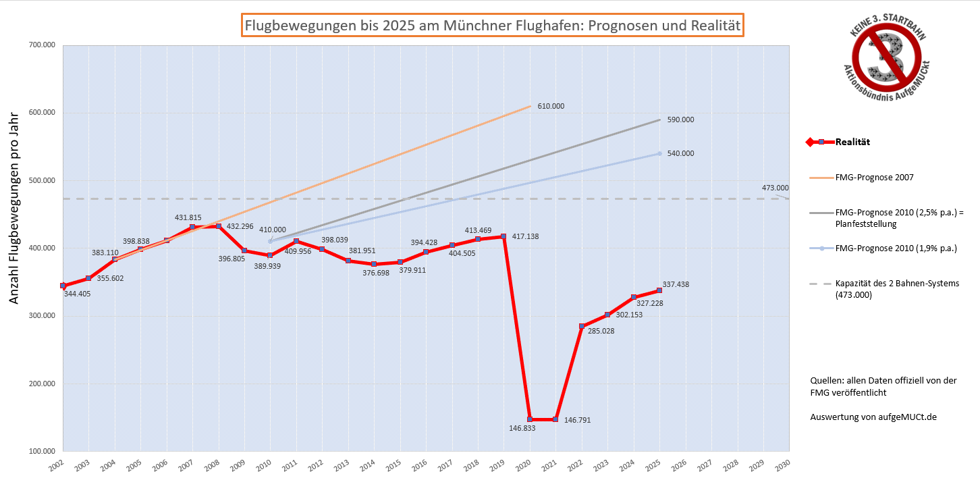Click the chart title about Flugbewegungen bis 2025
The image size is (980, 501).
[493, 26]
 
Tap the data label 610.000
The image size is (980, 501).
[551, 106]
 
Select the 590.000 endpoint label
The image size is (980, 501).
[680, 120]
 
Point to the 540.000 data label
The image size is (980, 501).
[680, 153]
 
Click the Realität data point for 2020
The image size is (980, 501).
[530, 419]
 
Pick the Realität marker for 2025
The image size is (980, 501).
[659, 290]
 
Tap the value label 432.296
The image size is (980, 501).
[240, 226]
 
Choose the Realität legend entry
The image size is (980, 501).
[852, 142]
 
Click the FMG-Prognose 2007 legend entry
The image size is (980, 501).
[874, 178]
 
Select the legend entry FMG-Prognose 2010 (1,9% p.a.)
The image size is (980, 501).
[896, 248]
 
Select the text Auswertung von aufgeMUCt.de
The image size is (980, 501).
[873, 417]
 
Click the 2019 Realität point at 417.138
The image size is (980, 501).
[503, 236]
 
